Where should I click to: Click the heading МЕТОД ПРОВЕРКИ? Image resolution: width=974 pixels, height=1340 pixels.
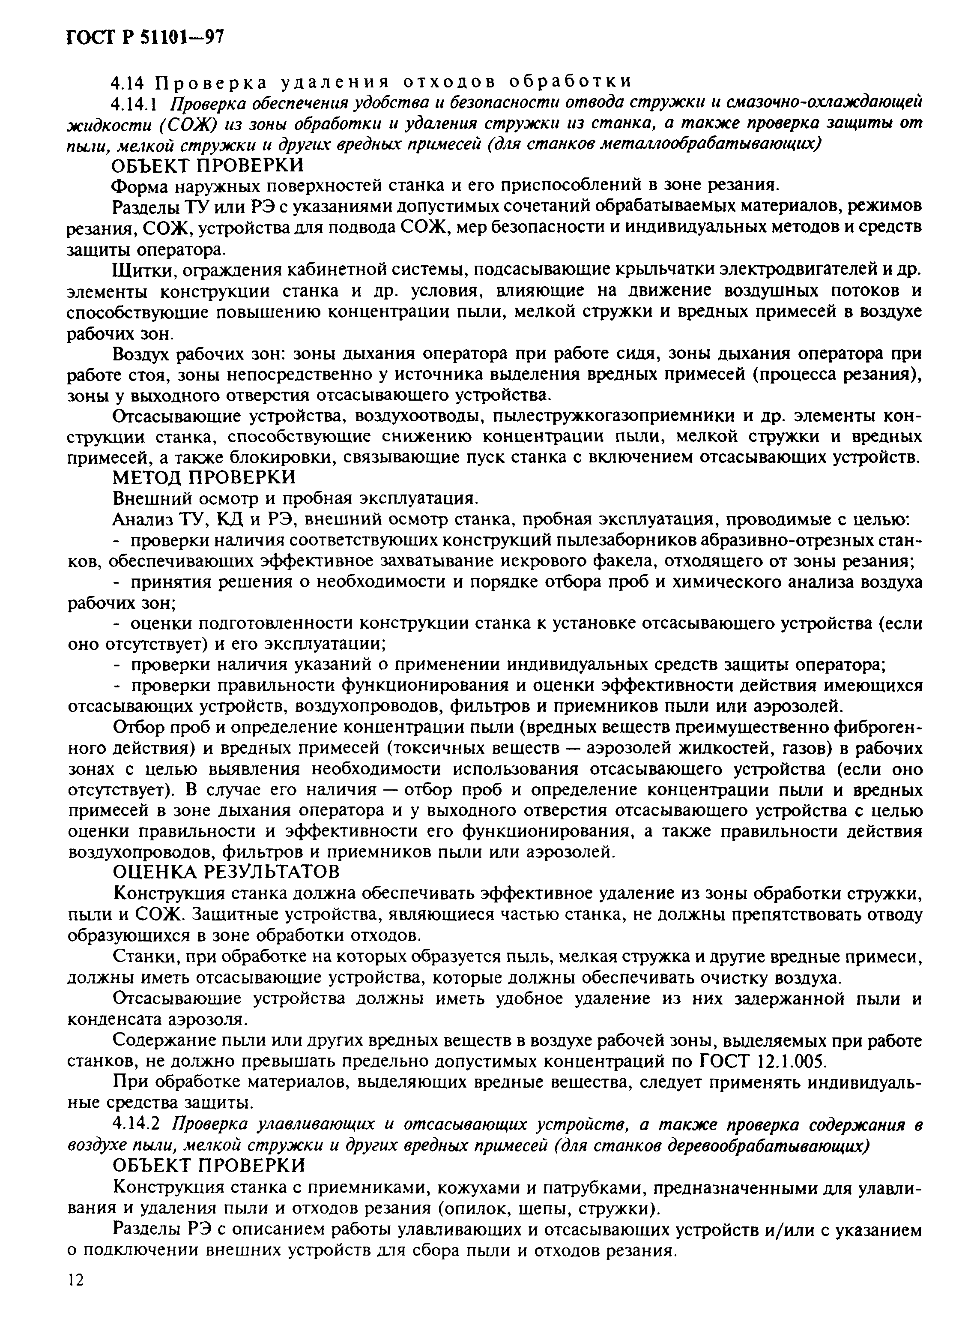point(204,476)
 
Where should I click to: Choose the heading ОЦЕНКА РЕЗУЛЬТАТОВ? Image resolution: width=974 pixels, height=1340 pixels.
point(226,870)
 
